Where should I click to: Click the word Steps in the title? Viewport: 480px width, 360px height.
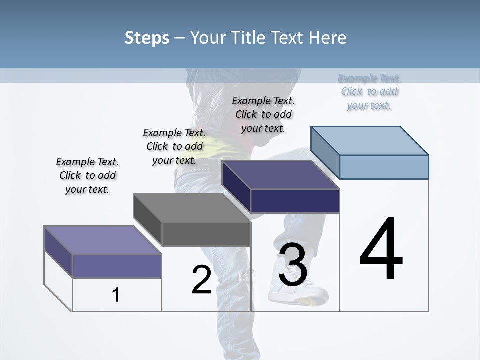pyautogui.click(x=147, y=38)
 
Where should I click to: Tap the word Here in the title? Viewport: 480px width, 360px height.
pyautogui.click(x=327, y=38)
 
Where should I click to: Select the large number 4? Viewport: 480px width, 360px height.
pyautogui.click(x=381, y=250)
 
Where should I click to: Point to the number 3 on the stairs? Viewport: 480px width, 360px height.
pyautogui.click(x=293, y=265)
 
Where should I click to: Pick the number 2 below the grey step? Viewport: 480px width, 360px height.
pyautogui.click(x=201, y=280)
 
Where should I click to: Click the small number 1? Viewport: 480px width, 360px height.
pyautogui.click(x=116, y=295)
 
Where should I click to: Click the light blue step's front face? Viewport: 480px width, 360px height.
pyautogui.click(x=384, y=167)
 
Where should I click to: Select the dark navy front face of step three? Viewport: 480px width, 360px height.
pyautogui.click(x=295, y=201)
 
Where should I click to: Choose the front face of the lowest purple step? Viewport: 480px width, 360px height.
pyautogui.click(x=117, y=266)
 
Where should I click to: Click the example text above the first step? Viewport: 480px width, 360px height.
pyautogui.click(x=87, y=175)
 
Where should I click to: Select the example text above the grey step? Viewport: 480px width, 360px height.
pyautogui.click(x=174, y=146)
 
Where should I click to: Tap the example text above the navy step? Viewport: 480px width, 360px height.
pyautogui.click(x=263, y=114)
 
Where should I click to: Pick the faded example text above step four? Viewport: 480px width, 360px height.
pyautogui.click(x=370, y=92)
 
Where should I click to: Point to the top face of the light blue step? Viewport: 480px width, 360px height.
pyautogui.click(x=370, y=140)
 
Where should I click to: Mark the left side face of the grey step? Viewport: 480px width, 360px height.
pyautogui.click(x=148, y=220)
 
